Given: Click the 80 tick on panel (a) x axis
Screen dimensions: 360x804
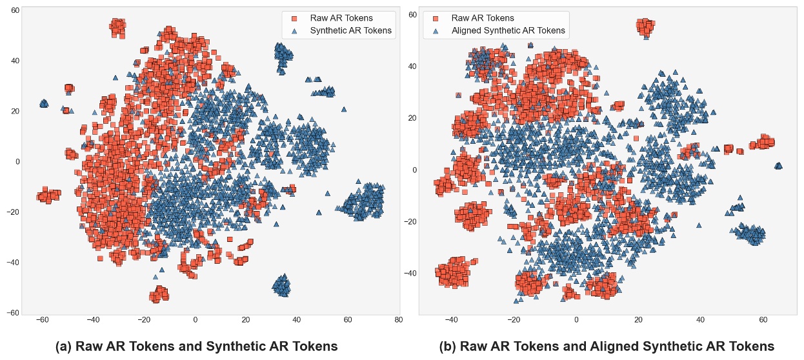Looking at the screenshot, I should point(397,320).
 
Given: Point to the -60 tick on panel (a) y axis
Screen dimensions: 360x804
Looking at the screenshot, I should point(12,314).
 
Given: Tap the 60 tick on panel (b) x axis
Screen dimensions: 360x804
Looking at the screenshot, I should point(763,320).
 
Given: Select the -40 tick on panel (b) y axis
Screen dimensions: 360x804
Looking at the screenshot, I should point(410,274).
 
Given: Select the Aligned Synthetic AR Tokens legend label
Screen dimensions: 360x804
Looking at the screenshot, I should point(508,30).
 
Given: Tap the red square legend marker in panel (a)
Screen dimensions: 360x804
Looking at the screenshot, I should point(294,17).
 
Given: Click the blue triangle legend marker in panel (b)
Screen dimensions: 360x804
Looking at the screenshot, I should point(436,30).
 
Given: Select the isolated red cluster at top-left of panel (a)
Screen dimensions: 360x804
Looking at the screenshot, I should point(117,27).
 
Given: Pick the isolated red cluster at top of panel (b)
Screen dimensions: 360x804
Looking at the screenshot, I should point(645,26).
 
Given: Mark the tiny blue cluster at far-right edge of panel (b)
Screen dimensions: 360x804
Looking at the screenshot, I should point(778,166).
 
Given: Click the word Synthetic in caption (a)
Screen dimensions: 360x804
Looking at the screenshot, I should point(231,346).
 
